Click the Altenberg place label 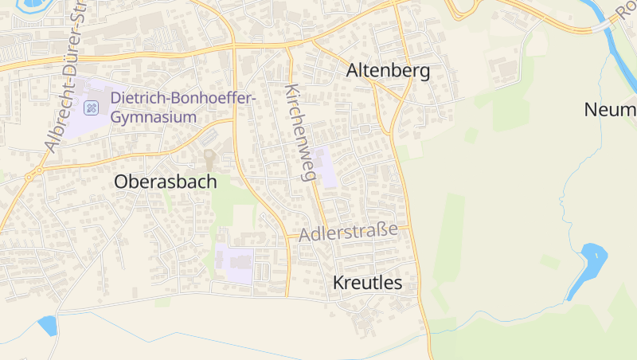click(388, 71)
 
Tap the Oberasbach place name click(165, 182)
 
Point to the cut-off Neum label click(610, 109)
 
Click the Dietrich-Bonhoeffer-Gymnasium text click(182, 108)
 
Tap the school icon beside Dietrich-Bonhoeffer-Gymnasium click(92, 108)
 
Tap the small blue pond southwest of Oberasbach click(48, 324)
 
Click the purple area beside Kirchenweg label click(324, 166)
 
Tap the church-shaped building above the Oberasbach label click(210, 158)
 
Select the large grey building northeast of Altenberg click(506, 70)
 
